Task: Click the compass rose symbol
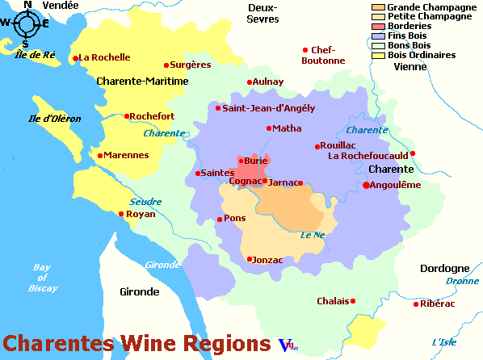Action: (x=26, y=23)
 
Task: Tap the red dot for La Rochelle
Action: (x=75, y=58)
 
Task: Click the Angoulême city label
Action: (x=397, y=185)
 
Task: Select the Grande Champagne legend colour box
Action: (x=378, y=7)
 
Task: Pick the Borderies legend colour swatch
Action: (x=378, y=27)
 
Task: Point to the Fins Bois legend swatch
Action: (x=378, y=36)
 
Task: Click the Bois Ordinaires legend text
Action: (x=422, y=56)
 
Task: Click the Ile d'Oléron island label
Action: (x=55, y=119)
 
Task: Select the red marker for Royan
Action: (x=121, y=214)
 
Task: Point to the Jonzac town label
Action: (x=268, y=259)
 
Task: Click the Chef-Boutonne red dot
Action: (x=304, y=50)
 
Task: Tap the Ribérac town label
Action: (x=439, y=303)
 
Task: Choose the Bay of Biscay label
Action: (x=42, y=277)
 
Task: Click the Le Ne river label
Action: (x=312, y=236)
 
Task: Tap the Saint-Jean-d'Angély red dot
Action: (x=217, y=107)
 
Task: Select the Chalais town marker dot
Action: (x=353, y=301)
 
